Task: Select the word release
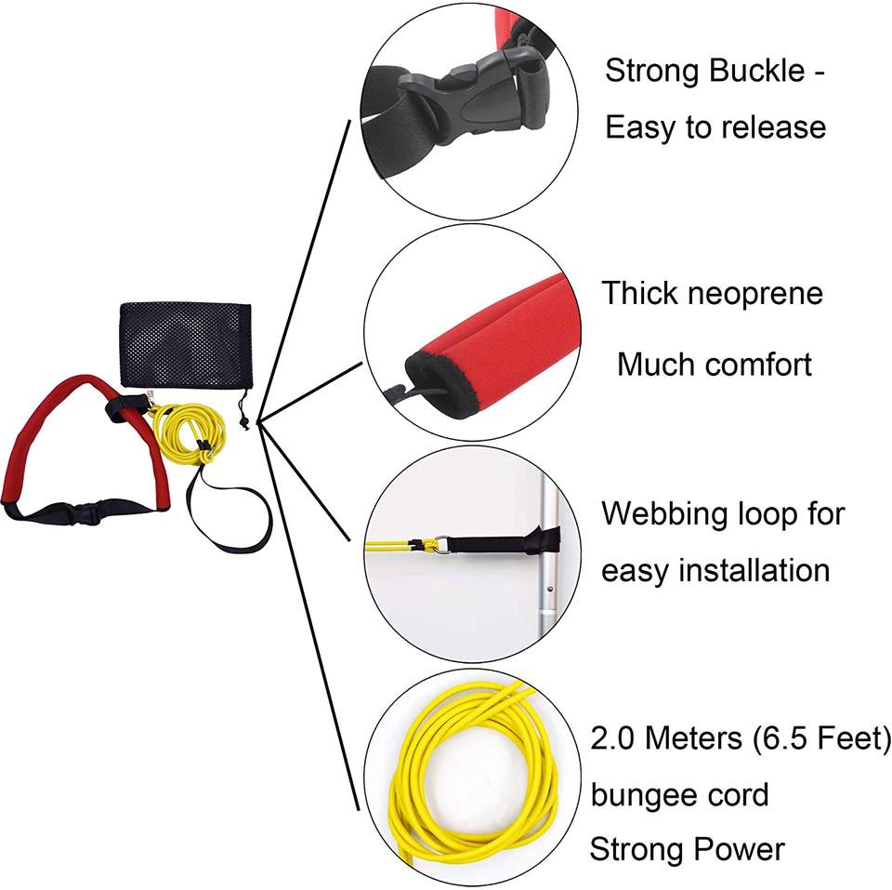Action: tap(770, 126)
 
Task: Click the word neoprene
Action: tap(754, 294)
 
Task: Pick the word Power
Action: tap(734, 849)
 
